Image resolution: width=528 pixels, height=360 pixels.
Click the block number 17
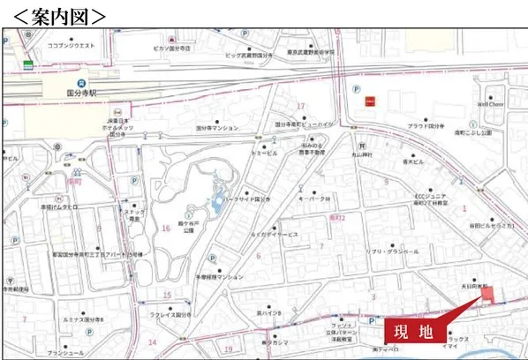tap(300, 106)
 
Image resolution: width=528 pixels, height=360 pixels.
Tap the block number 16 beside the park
tap(165, 229)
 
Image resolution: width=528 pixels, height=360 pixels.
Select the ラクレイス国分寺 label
tap(172, 313)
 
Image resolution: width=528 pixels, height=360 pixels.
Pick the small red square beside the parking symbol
tap(372, 101)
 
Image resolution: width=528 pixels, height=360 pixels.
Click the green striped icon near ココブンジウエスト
tap(29, 64)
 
